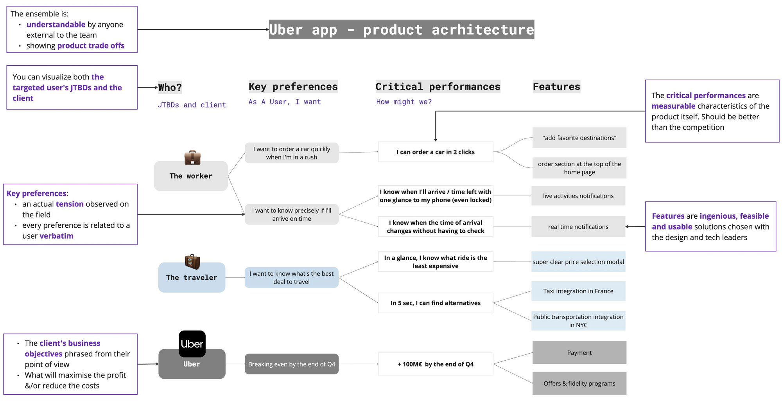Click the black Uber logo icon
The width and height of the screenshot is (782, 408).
192,344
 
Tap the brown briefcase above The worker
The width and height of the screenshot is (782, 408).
192,158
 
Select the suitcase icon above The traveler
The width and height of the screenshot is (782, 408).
192,262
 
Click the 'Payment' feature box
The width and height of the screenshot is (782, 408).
579,352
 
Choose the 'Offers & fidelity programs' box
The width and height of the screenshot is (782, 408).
579,383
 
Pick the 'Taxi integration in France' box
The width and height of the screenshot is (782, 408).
578,291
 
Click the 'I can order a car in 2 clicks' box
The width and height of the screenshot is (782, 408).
435,152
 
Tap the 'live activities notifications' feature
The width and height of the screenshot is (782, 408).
578,196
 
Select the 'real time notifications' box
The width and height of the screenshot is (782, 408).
578,226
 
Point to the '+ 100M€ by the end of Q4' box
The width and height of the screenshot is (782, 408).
435,364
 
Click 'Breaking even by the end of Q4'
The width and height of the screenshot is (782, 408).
291,364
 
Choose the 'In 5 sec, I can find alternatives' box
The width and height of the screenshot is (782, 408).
435,303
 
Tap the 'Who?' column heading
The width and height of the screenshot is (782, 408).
170,87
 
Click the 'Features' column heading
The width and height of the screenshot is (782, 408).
556,86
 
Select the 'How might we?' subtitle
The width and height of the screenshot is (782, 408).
404,102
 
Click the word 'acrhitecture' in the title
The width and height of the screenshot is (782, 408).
482,30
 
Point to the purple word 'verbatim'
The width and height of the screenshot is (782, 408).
56,236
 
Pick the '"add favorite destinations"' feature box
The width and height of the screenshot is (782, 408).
579,138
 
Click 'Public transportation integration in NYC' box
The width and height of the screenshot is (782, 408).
578,321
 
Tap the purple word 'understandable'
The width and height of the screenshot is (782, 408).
56,25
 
